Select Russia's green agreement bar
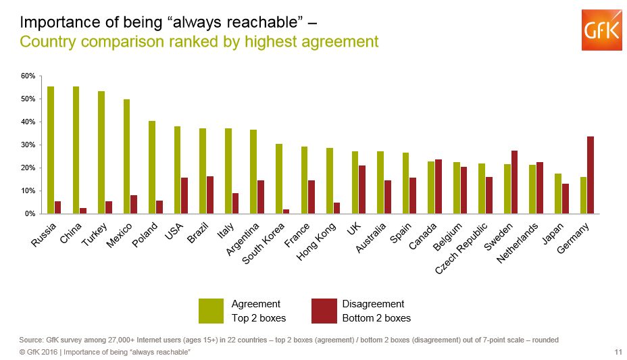[x=51, y=150]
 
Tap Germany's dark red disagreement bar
[x=591, y=175]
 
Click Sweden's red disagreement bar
[x=515, y=182]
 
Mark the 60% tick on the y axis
[x=28, y=76]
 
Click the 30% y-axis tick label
[x=28, y=145]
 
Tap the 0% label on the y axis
[x=30, y=214]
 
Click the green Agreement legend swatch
[x=211, y=311]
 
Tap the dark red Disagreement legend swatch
[x=323, y=311]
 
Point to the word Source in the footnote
[x=32, y=340]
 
